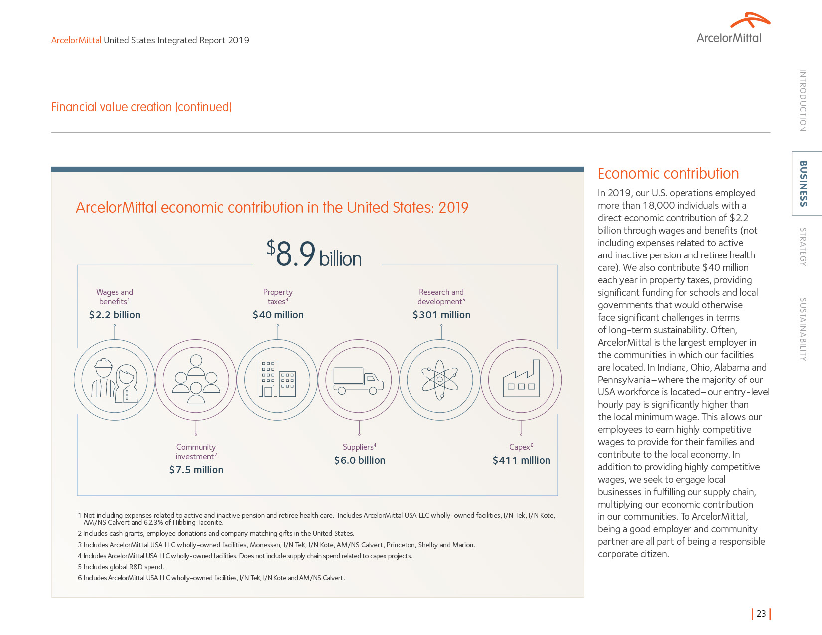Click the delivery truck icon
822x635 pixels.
click(x=359, y=381)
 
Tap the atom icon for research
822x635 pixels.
click(x=440, y=380)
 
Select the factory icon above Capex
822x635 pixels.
click(x=521, y=380)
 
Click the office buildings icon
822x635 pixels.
click(x=277, y=380)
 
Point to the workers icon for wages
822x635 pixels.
click(x=115, y=380)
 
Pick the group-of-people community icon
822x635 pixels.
click(x=196, y=380)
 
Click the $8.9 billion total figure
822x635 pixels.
click(x=314, y=254)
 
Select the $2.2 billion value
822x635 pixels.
click(x=115, y=315)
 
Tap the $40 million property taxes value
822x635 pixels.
click(x=278, y=315)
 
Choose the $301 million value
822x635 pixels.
click(x=441, y=315)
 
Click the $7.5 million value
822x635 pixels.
click(x=196, y=470)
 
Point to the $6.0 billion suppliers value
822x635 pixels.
click(x=360, y=460)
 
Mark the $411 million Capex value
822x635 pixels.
click(x=521, y=460)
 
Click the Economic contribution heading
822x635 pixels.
click(x=668, y=174)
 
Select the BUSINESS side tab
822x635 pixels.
click(x=803, y=183)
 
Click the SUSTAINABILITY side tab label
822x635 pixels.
click(x=803, y=329)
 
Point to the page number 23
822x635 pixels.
click(x=761, y=614)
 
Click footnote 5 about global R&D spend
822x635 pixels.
click(x=121, y=567)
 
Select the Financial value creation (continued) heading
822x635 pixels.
click(x=141, y=107)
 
